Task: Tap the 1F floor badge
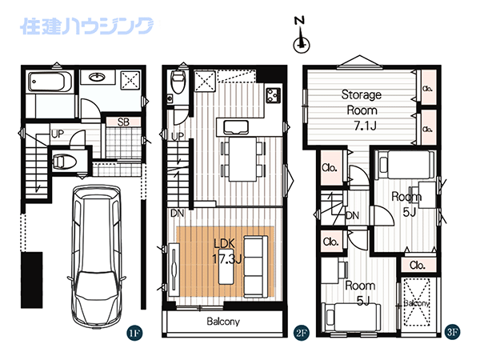point(134,333)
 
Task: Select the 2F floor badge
point(302,333)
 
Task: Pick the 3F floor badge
point(452,332)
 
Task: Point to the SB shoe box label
point(123,122)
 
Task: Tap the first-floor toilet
point(64,161)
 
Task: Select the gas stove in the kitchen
point(273,95)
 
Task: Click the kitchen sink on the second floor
point(236,127)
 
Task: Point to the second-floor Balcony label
point(223,322)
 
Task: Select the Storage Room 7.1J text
point(362,110)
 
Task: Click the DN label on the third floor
point(352,215)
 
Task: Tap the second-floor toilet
point(178,82)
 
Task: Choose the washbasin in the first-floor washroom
point(98,76)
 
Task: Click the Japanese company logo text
point(87,26)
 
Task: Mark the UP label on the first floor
point(58,134)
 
